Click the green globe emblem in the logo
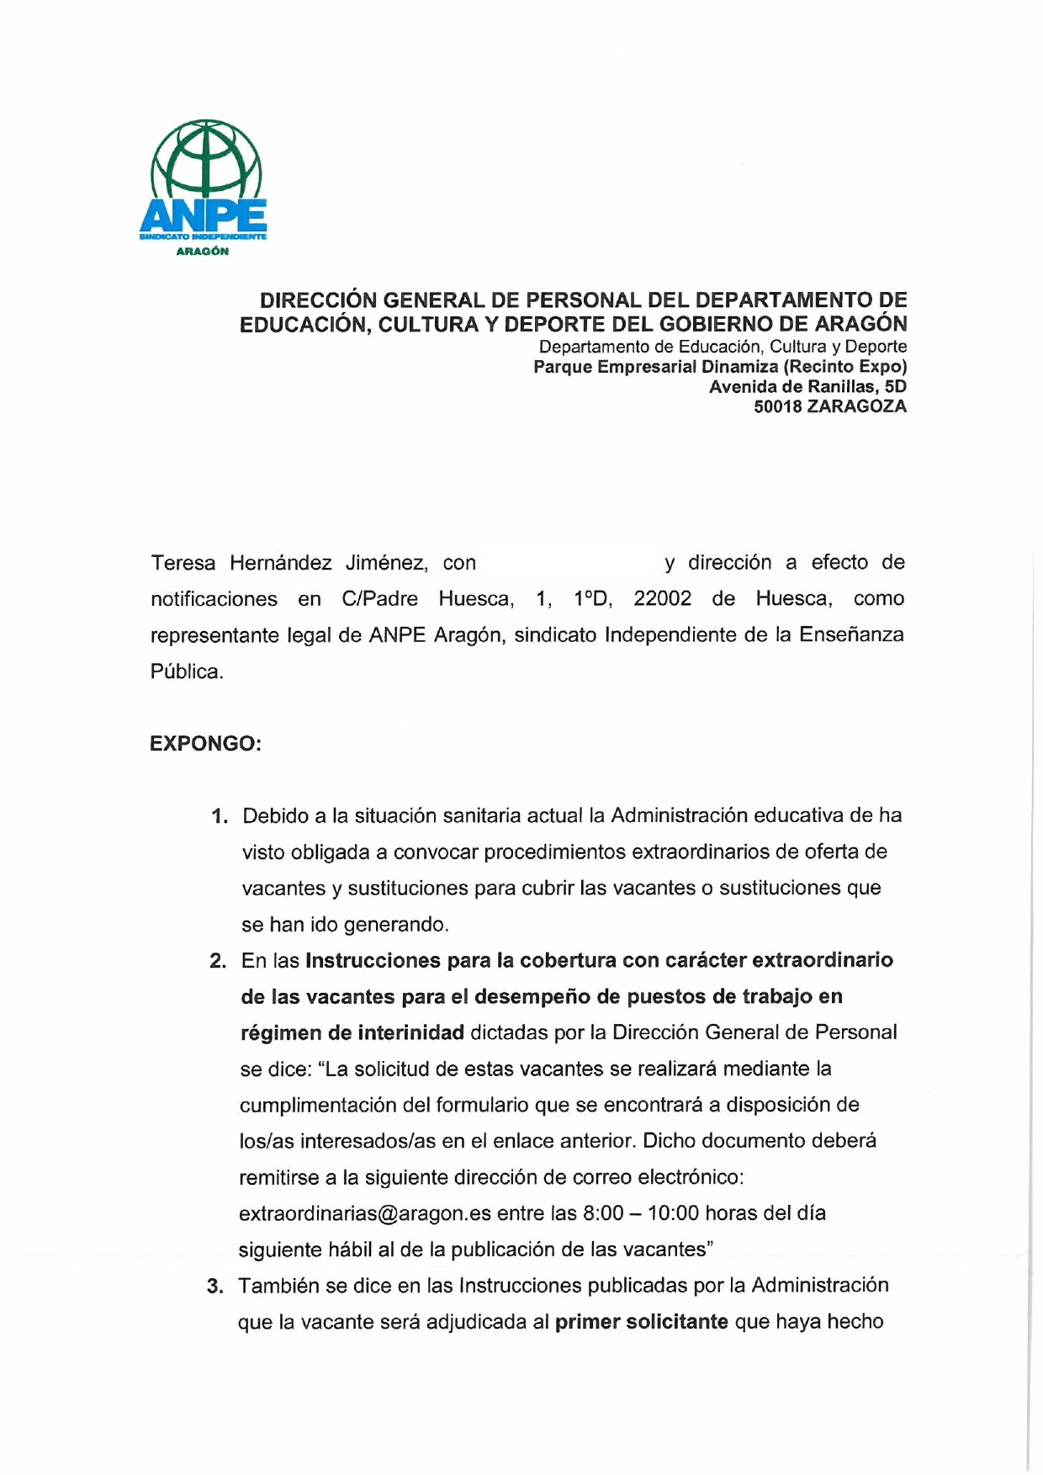[206, 160]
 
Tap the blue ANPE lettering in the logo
[204, 217]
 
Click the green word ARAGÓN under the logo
[202, 252]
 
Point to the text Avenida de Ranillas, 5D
[807, 387]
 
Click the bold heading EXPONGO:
[205, 744]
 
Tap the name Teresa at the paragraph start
[183, 563]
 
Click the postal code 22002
[662, 599]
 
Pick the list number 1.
[220, 816]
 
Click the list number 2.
[218, 961]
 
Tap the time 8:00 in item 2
[603, 1213]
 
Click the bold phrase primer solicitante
[641, 1322]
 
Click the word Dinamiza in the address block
[739, 367]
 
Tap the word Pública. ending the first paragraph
[187, 671]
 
